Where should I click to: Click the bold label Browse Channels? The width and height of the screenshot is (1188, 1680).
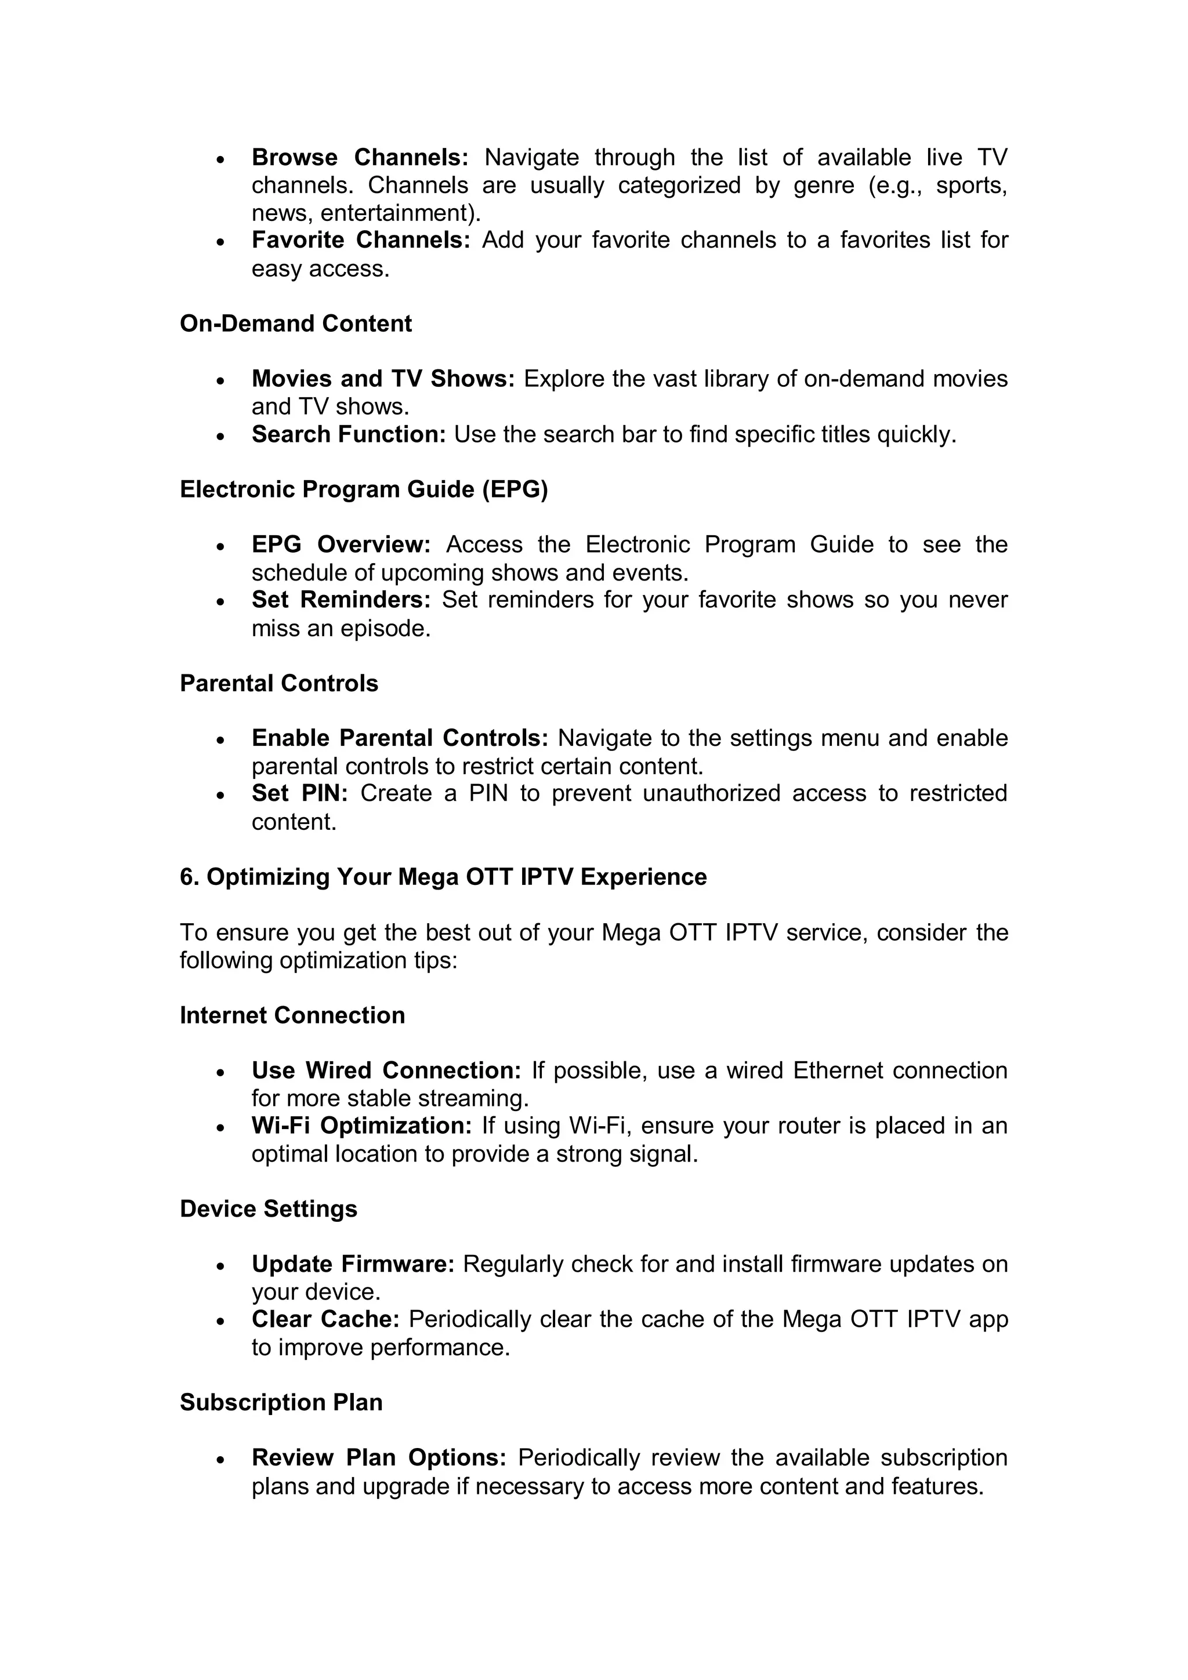[x=360, y=157]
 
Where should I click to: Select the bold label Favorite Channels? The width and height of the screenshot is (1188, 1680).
[x=360, y=240]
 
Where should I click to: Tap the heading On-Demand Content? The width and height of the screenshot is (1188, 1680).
[x=296, y=324]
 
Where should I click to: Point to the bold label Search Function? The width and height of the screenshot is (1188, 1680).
[x=349, y=434]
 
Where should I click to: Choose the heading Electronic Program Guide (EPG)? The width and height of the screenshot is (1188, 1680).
[x=364, y=489]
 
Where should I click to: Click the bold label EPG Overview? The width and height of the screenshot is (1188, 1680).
[x=341, y=545]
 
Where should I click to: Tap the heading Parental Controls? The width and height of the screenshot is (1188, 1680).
[x=279, y=683]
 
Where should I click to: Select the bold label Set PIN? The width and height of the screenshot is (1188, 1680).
[x=299, y=793]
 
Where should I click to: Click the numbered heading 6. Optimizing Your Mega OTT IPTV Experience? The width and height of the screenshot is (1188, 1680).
[x=443, y=877]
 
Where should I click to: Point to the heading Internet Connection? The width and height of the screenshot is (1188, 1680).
[x=292, y=1015]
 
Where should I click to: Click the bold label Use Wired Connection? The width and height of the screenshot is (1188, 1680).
[x=386, y=1071]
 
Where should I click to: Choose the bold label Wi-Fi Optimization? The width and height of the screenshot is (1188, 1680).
[x=361, y=1126]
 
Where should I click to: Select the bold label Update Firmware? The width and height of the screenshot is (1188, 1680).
[x=353, y=1264]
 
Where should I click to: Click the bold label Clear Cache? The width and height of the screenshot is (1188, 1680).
[x=325, y=1319]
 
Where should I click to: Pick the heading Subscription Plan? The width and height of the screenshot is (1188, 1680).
[x=281, y=1402]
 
